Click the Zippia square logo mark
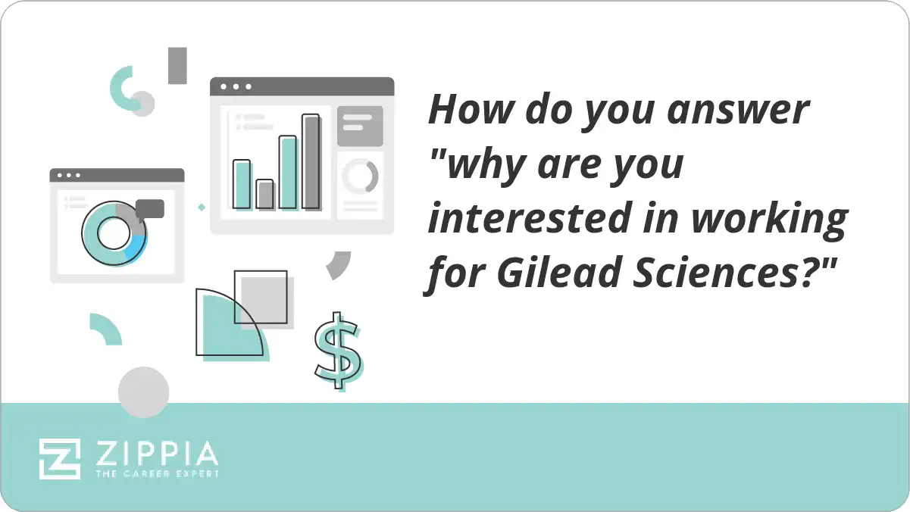point(60,458)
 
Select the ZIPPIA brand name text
point(157,454)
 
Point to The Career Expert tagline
point(157,473)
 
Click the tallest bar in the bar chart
point(311,161)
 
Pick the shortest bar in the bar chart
point(264,194)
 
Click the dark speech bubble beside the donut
point(150,208)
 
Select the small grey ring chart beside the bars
point(359,176)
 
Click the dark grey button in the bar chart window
point(359,126)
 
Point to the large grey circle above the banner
point(143,392)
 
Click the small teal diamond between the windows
point(202,206)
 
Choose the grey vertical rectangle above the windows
point(177,65)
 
